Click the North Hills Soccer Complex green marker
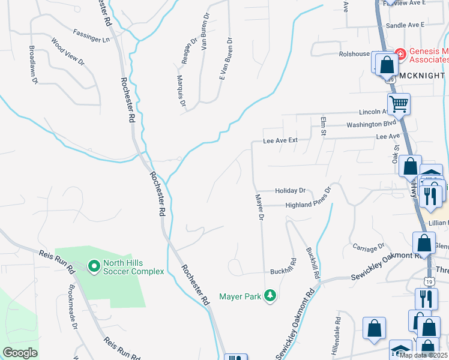[94, 265]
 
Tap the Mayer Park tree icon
[270, 295]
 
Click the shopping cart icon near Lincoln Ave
[399, 104]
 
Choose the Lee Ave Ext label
[280, 140]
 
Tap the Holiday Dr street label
[291, 190]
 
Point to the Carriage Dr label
[369, 247]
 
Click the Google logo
[20, 353]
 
